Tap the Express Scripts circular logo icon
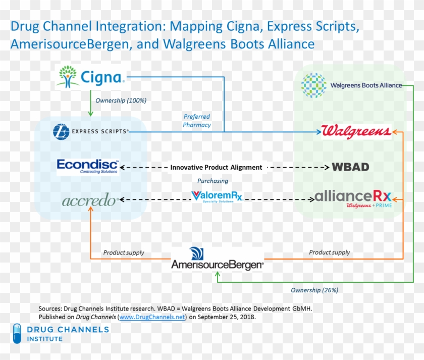click(61, 132)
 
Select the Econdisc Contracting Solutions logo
click(88, 167)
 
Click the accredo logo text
click(90, 200)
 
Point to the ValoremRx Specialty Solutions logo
click(217, 196)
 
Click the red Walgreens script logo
click(356, 132)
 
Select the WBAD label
click(350, 167)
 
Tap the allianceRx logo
click(351, 197)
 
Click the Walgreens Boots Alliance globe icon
click(313, 85)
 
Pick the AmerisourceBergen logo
click(217, 259)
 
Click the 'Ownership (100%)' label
click(121, 100)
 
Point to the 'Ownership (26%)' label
click(314, 290)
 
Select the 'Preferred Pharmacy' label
click(197, 121)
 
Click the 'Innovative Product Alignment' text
click(216, 167)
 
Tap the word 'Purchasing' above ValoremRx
click(213, 181)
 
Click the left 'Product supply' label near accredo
click(124, 252)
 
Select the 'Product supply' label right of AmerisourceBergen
click(329, 252)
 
